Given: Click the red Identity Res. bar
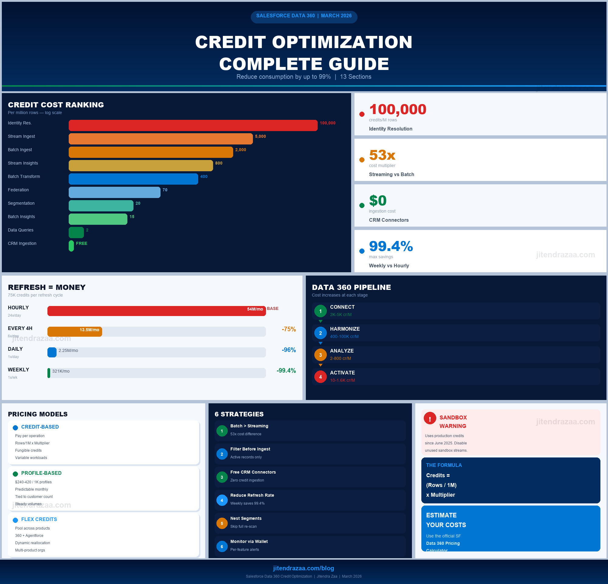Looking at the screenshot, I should point(193,125).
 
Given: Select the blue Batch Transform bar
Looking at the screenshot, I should point(133,179).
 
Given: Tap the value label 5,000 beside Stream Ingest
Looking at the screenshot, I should point(260,137).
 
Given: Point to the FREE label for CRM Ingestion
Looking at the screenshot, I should point(81,244).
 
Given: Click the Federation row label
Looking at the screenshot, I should point(18,190).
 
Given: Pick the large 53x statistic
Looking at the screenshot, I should point(382,155).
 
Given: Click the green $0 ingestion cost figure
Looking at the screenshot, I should point(378,200).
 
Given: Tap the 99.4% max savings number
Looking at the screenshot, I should point(391,246).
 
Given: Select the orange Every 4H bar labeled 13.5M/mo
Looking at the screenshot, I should point(75,332).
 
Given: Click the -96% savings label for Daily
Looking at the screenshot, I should point(288,350).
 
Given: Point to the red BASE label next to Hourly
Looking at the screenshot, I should point(273,309).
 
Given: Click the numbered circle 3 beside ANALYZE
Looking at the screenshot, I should point(320,355).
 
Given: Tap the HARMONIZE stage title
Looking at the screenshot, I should point(345,329).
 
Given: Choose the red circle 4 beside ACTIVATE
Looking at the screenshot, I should point(320,377).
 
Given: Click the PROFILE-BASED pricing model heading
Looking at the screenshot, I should point(41,473).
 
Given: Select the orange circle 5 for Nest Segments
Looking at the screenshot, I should point(222,523).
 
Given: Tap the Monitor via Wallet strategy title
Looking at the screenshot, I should point(249,541).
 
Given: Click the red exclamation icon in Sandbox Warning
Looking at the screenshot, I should point(430,418).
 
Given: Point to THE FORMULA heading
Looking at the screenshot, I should point(444,465).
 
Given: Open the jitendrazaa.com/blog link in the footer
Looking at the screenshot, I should point(303,568).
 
